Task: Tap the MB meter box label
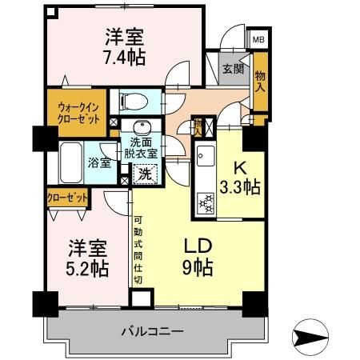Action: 258,39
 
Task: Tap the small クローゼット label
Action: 66,196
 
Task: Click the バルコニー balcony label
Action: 154,330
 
